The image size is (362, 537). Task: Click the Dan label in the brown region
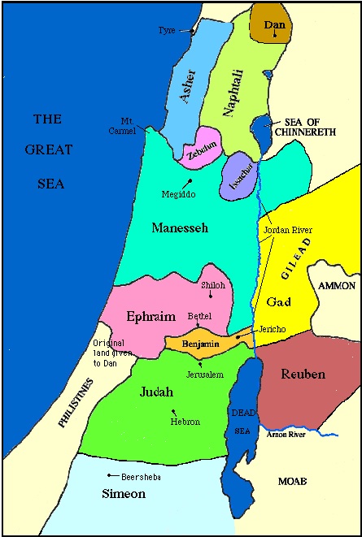(x=275, y=25)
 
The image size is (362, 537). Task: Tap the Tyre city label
(x=167, y=30)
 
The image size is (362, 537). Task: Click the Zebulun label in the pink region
(x=198, y=150)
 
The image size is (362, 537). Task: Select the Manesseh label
(x=180, y=228)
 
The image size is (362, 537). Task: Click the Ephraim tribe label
(x=151, y=315)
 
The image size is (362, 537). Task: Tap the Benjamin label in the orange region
(x=201, y=344)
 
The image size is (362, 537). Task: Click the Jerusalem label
(x=205, y=375)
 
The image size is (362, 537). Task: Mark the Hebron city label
(x=185, y=422)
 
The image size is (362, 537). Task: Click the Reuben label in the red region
(x=303, y=374)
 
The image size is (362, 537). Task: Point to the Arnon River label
(x=290, y=436)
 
